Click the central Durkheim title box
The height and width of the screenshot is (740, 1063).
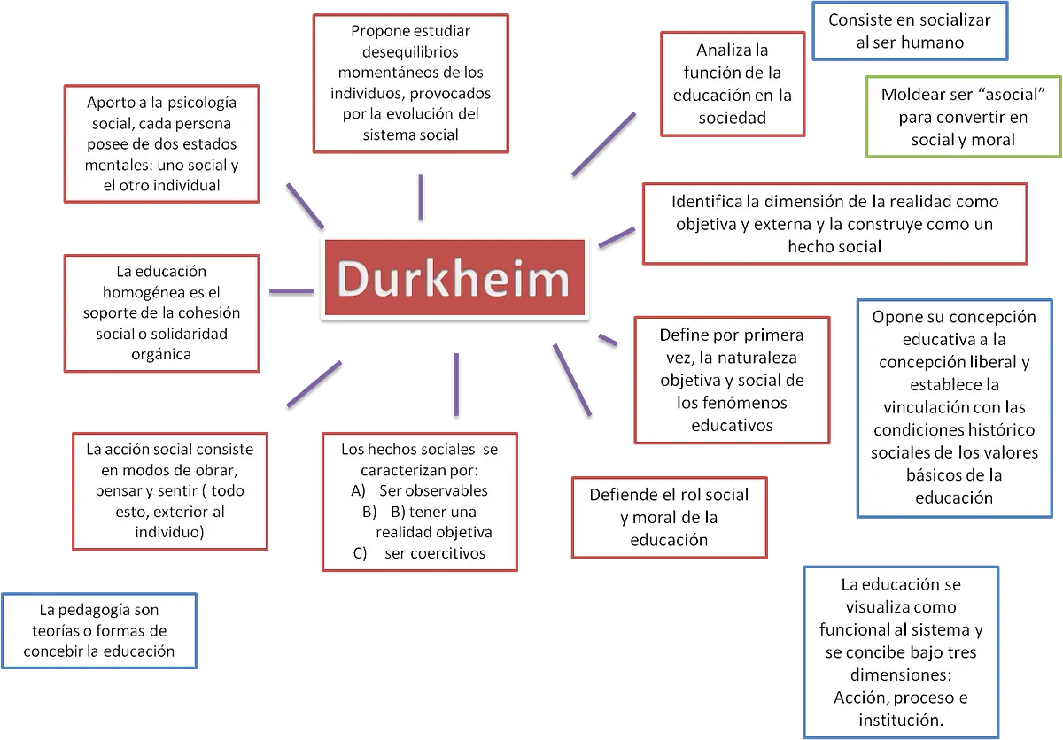(x=454, y=277)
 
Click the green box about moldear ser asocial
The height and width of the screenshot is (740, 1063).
(x=964, y=117)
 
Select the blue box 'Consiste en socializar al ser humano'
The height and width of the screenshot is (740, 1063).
(x=910, y=31)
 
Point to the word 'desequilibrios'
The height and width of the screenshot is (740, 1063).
(x=410, y=51)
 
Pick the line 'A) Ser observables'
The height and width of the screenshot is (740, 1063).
(x=420, y=490)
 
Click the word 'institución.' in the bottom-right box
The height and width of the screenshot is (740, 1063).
(x=901, y=721)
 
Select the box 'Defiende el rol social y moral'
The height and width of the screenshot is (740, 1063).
(x=669, y=518)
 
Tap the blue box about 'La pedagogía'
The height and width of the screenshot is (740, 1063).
(x=99, y=630)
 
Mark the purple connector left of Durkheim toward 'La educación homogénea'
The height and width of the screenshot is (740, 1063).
(x=291, y=290)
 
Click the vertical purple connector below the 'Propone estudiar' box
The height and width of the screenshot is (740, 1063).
(x=421, y=197)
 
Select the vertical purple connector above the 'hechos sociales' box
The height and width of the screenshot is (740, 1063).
(x=456, y=384)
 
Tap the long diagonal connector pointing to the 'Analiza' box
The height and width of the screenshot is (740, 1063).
(x=603, y=144)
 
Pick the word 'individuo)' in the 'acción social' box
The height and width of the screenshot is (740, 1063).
(x=170, y=532)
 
